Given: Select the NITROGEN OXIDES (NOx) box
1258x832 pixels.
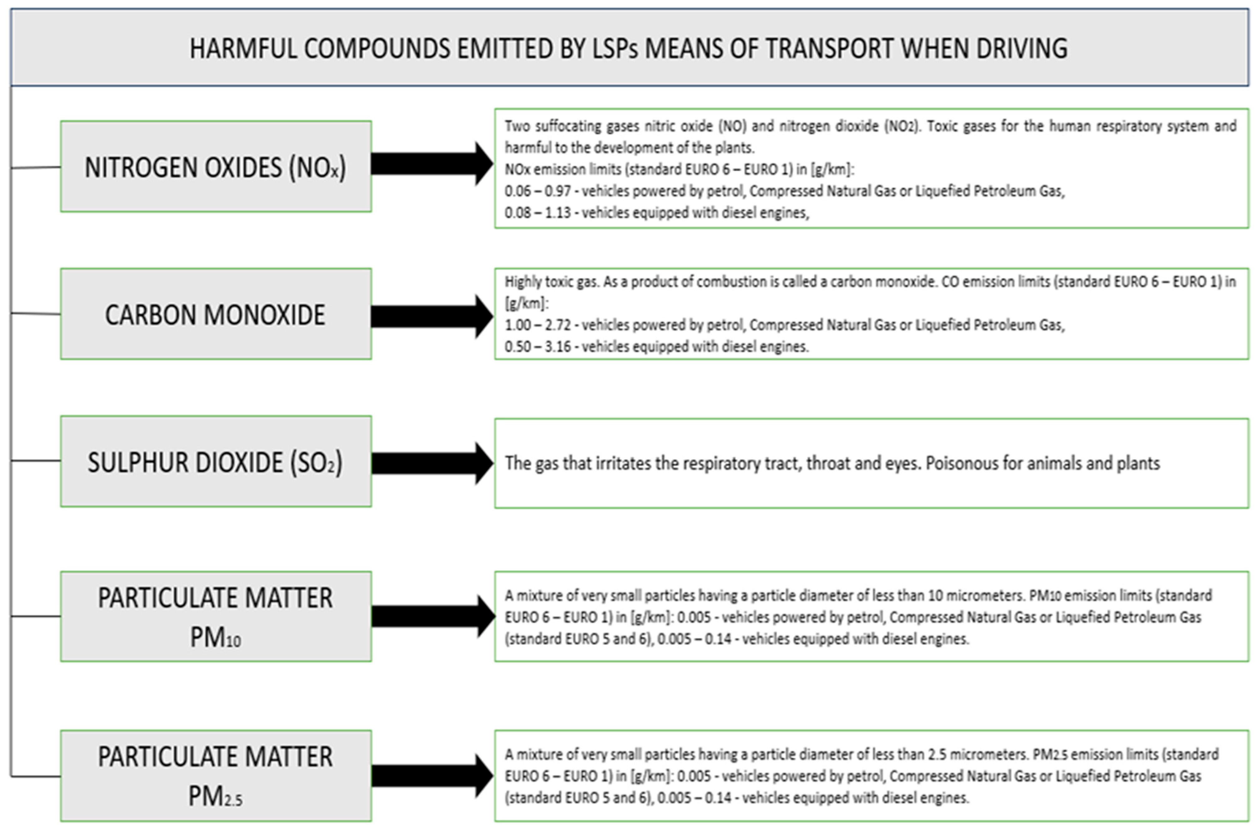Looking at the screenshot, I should coord(216,167).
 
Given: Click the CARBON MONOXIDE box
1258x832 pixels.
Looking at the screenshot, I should coord(216,314).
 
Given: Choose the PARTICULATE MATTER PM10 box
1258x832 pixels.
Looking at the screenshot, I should coord(216,616).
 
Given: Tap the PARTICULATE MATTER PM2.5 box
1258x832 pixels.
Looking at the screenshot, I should coord(216,775).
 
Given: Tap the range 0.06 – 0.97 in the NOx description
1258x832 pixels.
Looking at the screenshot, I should coord(537,191).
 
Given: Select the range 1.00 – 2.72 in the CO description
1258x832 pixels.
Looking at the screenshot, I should coord(537,325).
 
